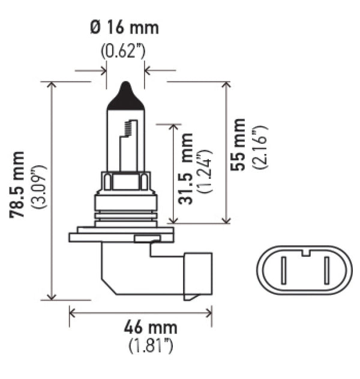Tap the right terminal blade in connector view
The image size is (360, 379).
[x=325, y=271]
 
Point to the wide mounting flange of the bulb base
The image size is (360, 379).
[x=123, y=230]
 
